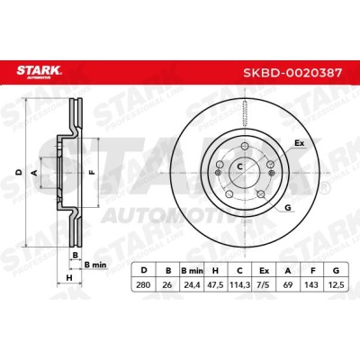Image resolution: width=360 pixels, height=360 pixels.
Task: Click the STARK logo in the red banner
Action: pyautogui.click(x=39, y=71)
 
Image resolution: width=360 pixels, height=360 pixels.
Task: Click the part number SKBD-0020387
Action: pyautogui.click(x=292, y=73)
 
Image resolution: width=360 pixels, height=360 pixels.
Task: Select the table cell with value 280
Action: pyautogui.click(x=143, y=284)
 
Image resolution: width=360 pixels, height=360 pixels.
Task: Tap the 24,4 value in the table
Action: pyautogui.click(x=192, y=284)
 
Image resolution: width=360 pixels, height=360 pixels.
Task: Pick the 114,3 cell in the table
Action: pyautogui.click(x=239, y=284)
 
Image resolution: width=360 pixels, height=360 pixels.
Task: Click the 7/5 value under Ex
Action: pyautogui.click(x=264, y=284)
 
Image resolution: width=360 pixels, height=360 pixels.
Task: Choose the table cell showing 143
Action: pyautogui.click(x=312, y=284)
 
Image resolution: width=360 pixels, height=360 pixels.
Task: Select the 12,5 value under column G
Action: pyautogui.click(x=336, y=284)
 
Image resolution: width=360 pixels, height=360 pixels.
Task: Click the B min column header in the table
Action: pyautogui.click(x=192, y=271)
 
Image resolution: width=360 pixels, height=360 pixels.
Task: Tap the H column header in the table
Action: pyautogui.click(x=215, y=271)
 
